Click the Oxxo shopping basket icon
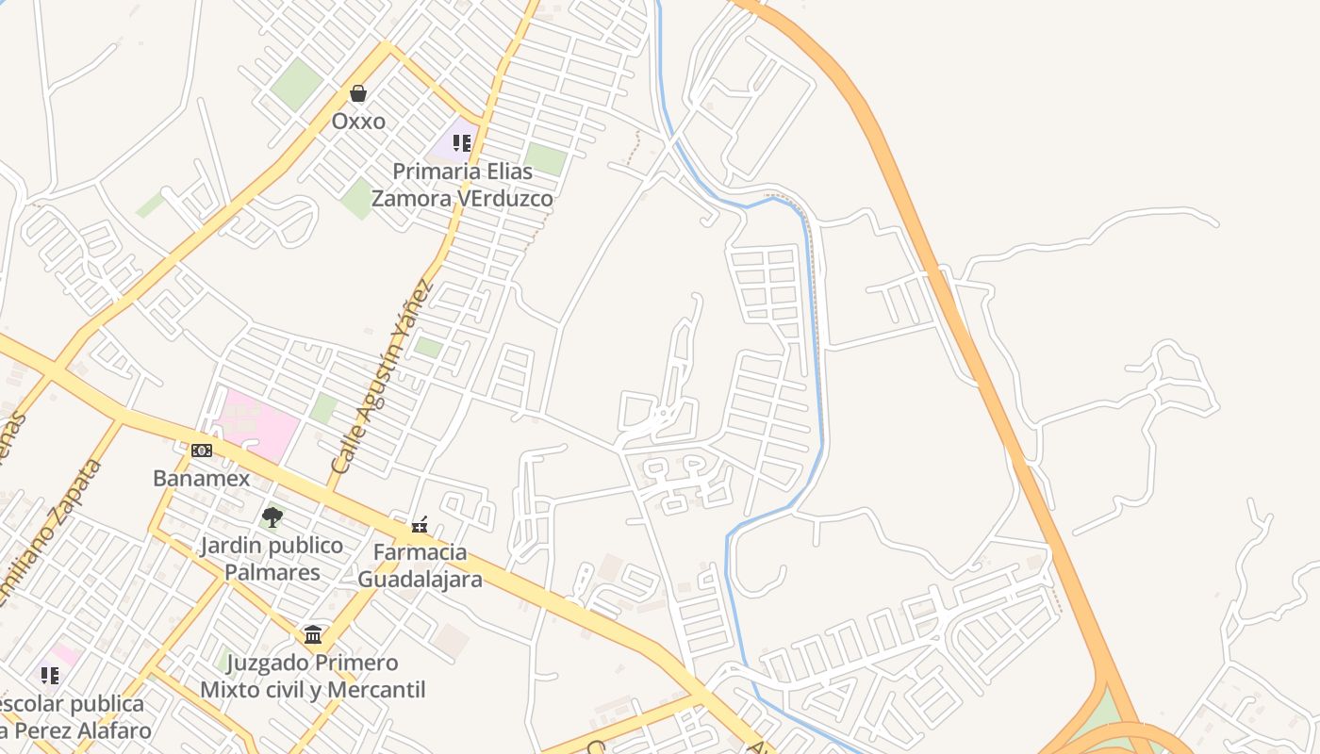tap(357, 93)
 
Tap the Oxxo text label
tap(358, 122)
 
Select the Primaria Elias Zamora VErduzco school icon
tap(461, 142)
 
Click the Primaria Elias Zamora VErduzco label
tap(462, 185)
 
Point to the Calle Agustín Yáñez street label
tap(382, 377)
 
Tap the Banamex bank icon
tap(202, 451)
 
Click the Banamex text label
tap(202, 479)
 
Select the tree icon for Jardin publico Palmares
tap(272, 516)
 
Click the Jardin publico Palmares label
tap(272, 559)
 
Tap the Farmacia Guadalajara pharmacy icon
tap(420, 525)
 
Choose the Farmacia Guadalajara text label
tap(420, 565)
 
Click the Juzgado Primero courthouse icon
tap(313, 634)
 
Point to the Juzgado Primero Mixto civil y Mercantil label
tap(313, 676)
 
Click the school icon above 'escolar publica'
tap(49, 675)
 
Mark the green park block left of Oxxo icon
tap(296, 83)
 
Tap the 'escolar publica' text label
tap(72, 704)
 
